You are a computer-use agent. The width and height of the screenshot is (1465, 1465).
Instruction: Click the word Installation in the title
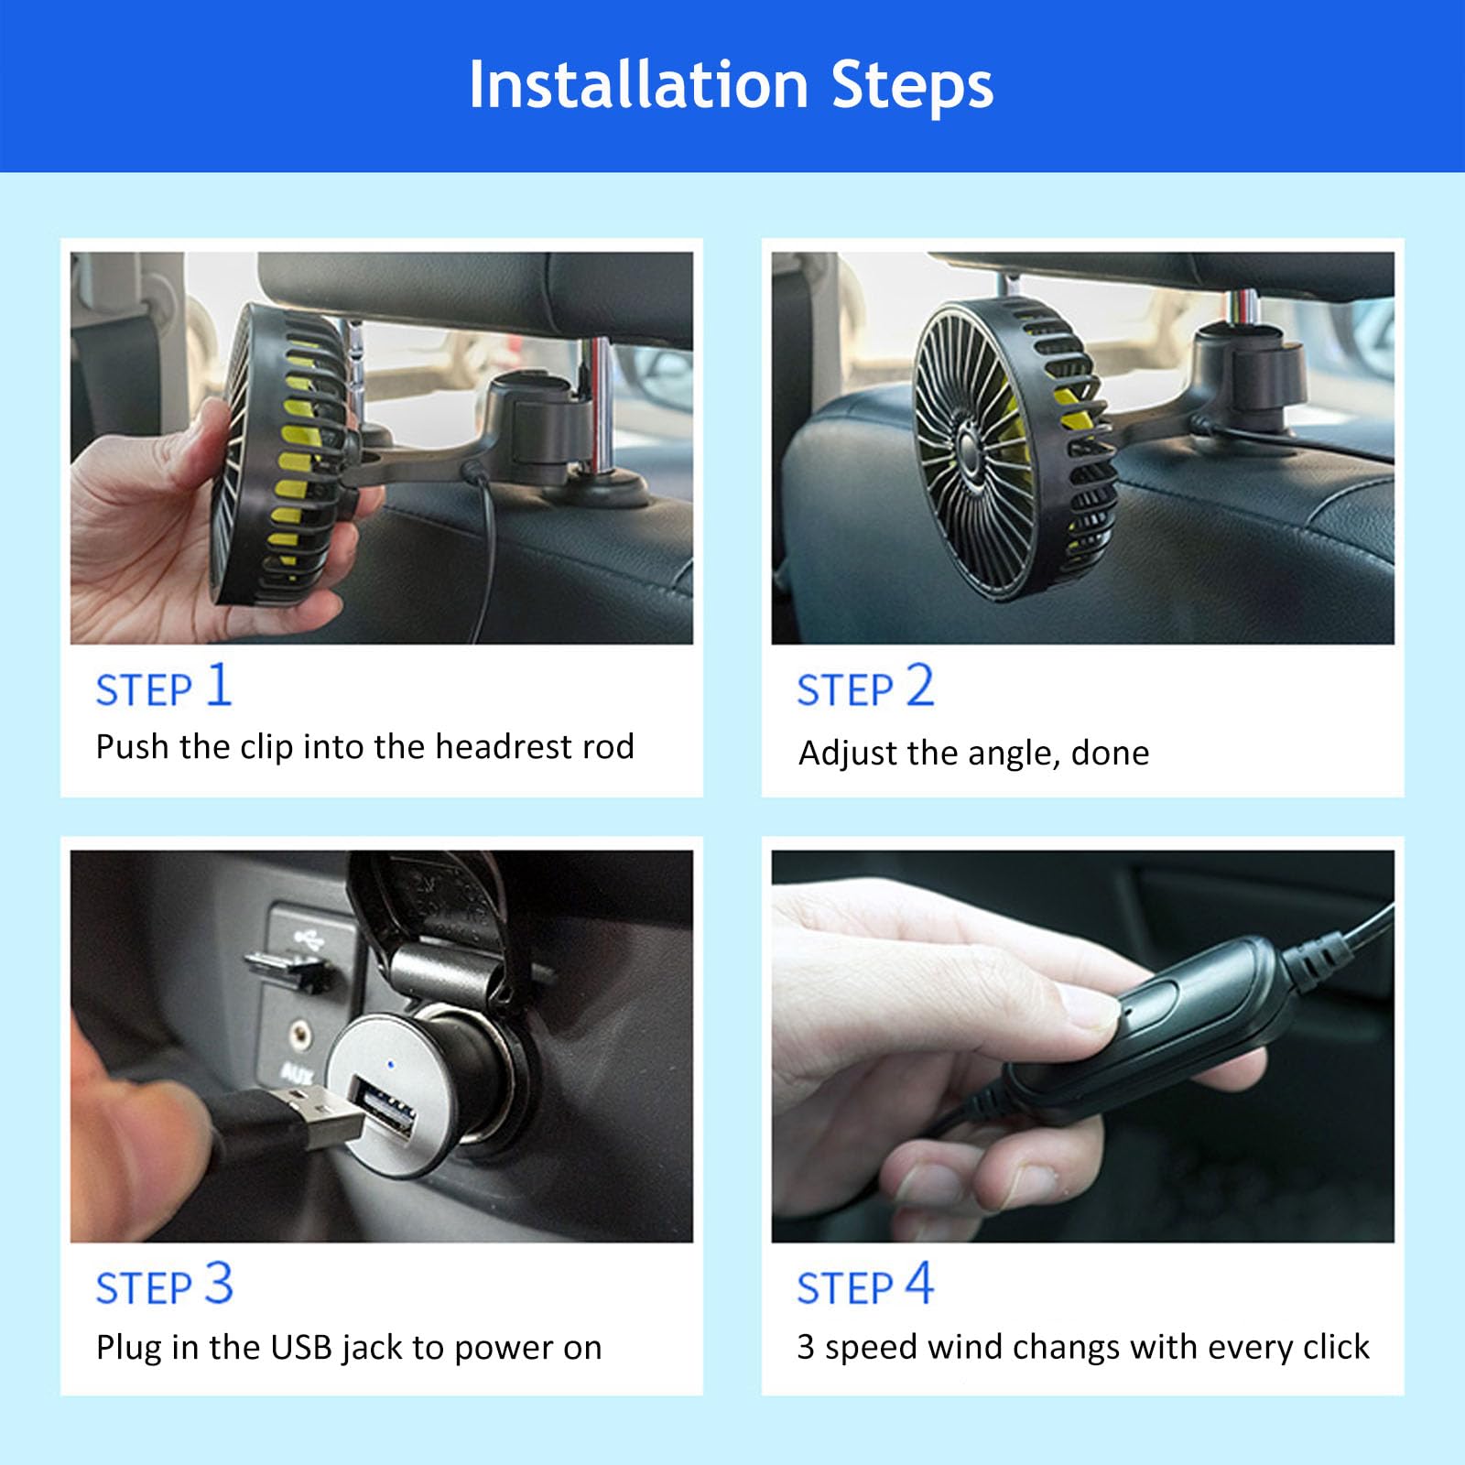638,85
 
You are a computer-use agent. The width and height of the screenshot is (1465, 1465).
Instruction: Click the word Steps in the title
912,85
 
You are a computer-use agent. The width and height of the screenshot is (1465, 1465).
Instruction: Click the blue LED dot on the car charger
392,1065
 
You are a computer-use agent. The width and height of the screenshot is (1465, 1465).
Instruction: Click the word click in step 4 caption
1336,1347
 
